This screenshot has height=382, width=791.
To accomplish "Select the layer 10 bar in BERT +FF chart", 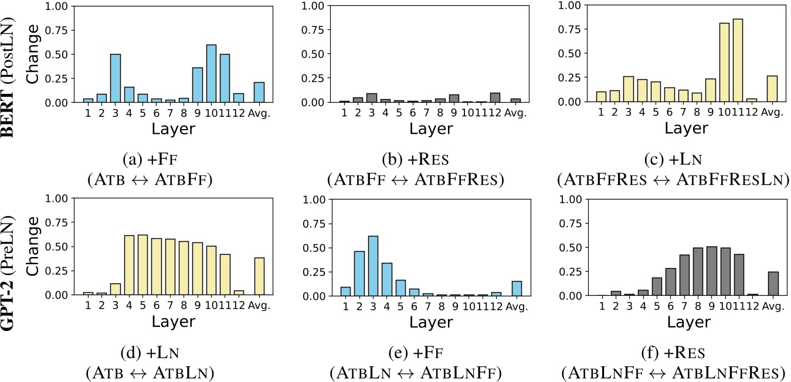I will (211, 73).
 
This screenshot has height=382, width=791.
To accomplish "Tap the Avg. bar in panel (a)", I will (259, 92).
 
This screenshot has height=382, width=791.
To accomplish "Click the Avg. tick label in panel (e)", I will (514, 306).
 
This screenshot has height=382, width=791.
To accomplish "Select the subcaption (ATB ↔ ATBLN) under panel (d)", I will (150, 372).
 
